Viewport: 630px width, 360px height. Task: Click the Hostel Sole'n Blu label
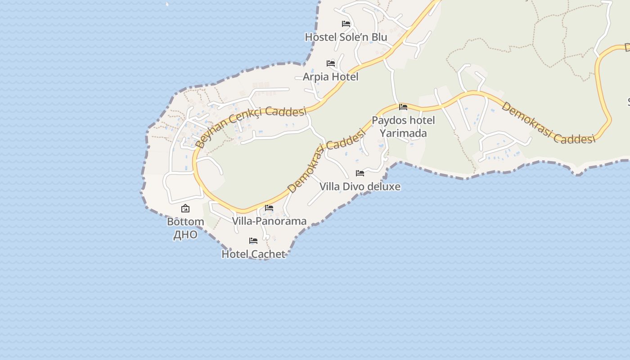(x=346, y=37)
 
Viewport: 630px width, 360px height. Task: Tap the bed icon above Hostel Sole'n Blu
(x=346, y=24)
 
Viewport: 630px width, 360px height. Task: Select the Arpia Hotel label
(x=330, y=76)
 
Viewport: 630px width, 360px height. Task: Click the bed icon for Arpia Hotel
(x=331, y=63)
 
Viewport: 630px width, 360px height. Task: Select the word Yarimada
(x=403, y=133)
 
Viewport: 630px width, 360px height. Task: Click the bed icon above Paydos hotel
(x=403, y=107)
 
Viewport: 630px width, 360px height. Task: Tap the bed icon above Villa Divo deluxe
(x=360, y=173)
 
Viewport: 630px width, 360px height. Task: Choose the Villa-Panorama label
(x=269, y=221)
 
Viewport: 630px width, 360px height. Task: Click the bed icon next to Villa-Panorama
(x=269, y=208)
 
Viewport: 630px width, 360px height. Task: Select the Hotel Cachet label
(x=253, y=254)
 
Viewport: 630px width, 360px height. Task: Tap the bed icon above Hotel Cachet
(x=253, y=241)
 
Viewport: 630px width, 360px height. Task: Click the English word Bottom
(x=185, y=221)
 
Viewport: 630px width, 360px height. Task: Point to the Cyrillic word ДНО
(x=185, y=234)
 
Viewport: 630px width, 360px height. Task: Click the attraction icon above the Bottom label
(x=185, y=208)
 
